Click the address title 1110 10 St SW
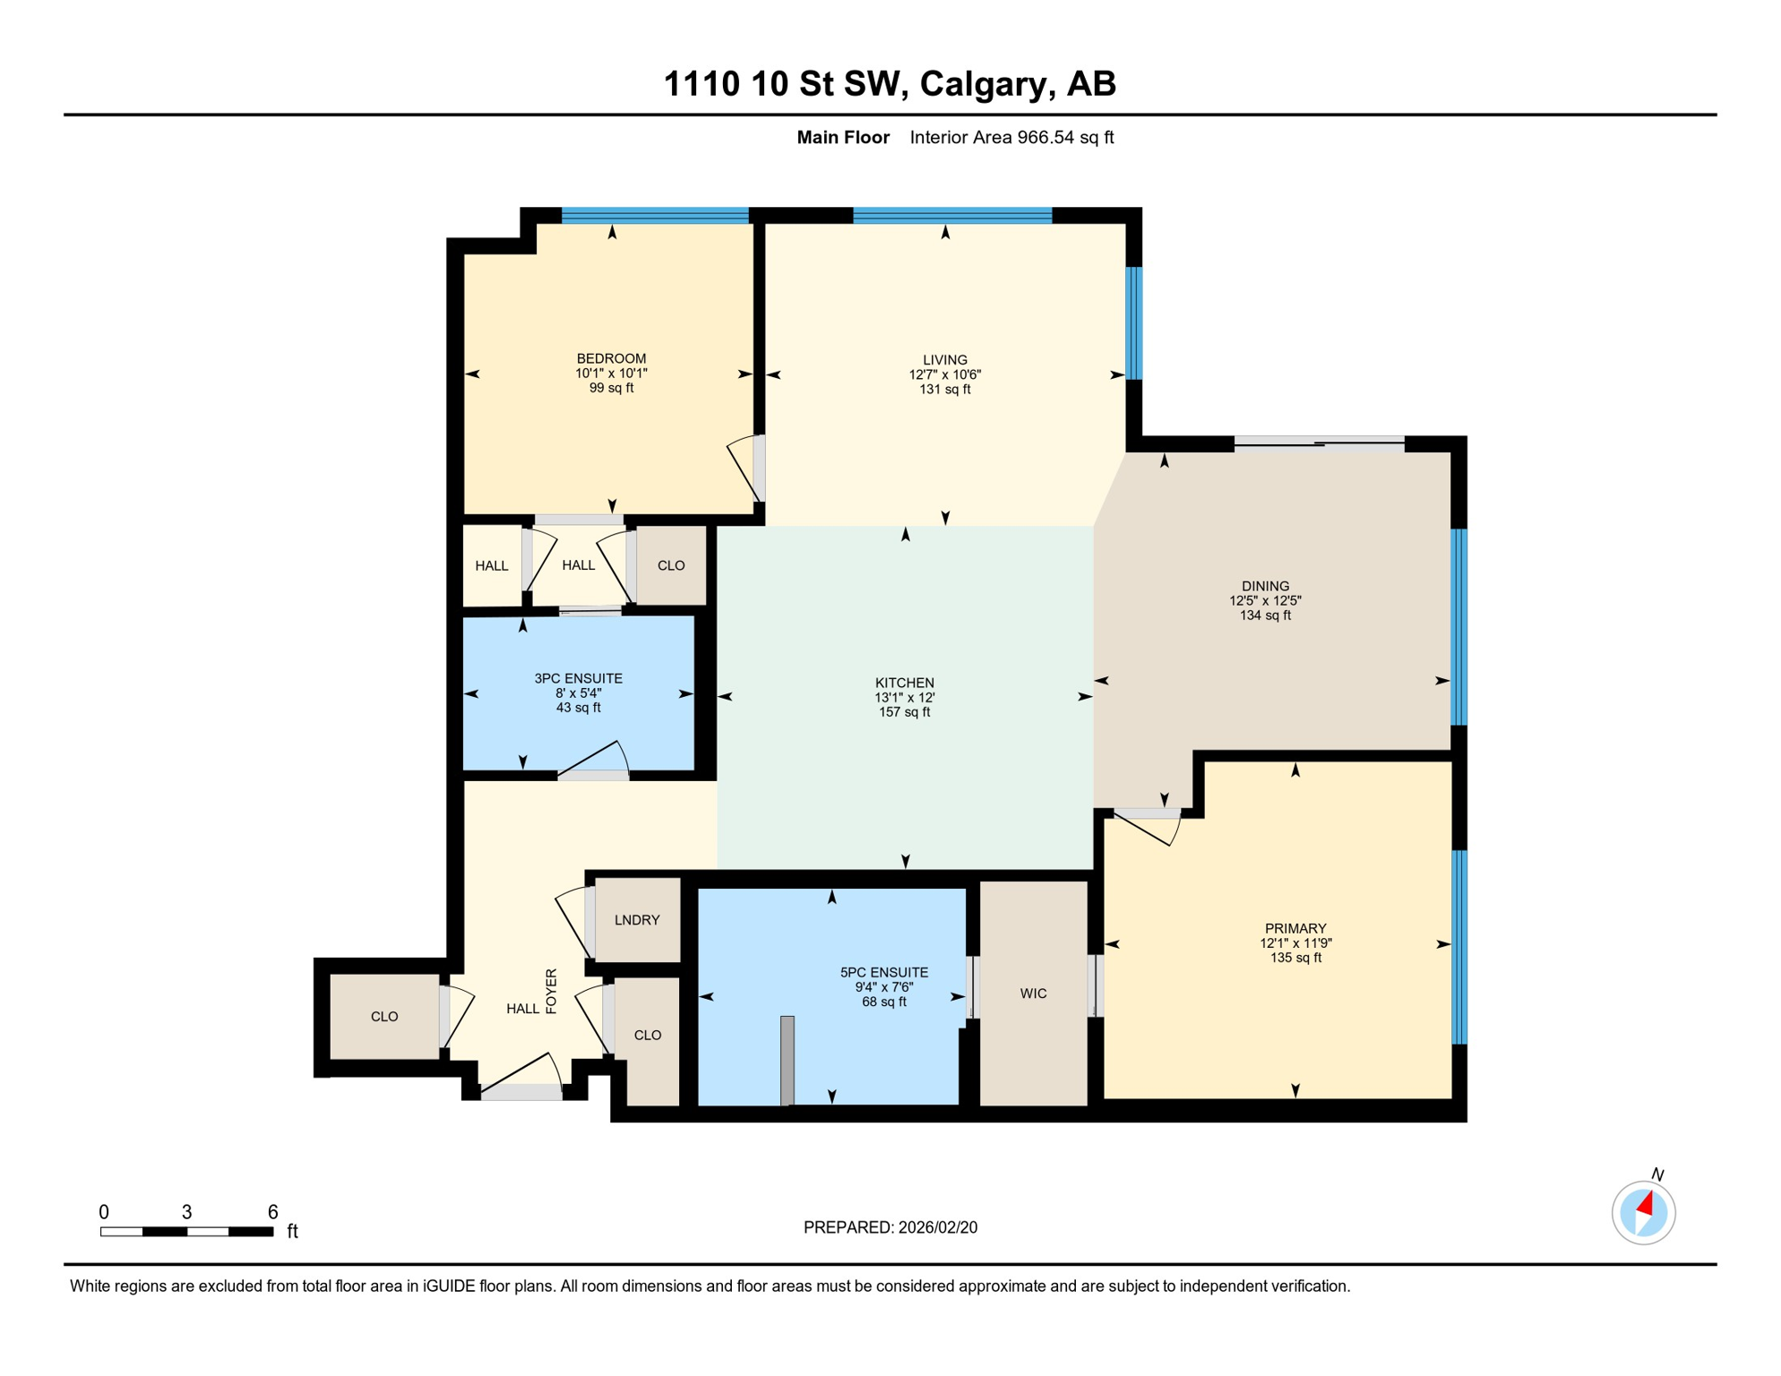click(x=889, y=83)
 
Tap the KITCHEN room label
click(x=905, y=683)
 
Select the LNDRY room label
click(x=637, y=920)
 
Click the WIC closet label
click(x=1033, y=993)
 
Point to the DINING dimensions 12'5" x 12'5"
click(x=1265, y=601)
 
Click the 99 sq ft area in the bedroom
click(x=611, y=388)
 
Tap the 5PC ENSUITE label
click(x=883, y=972)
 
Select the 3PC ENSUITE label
click(x=578, y=678)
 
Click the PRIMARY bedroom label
click(x=1295, y=928)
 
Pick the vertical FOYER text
click(x=551, y=991)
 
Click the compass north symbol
click(x=1643, y=1212)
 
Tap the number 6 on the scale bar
click(x=272, y=1212)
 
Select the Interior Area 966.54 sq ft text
click(x=1011, y=137)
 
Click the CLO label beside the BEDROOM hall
click(x=671, y=565)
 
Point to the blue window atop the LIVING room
click(x=951, y=215)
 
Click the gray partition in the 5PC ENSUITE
click(x=787, y=1060)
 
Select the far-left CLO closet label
click(x=384, y=1016)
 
